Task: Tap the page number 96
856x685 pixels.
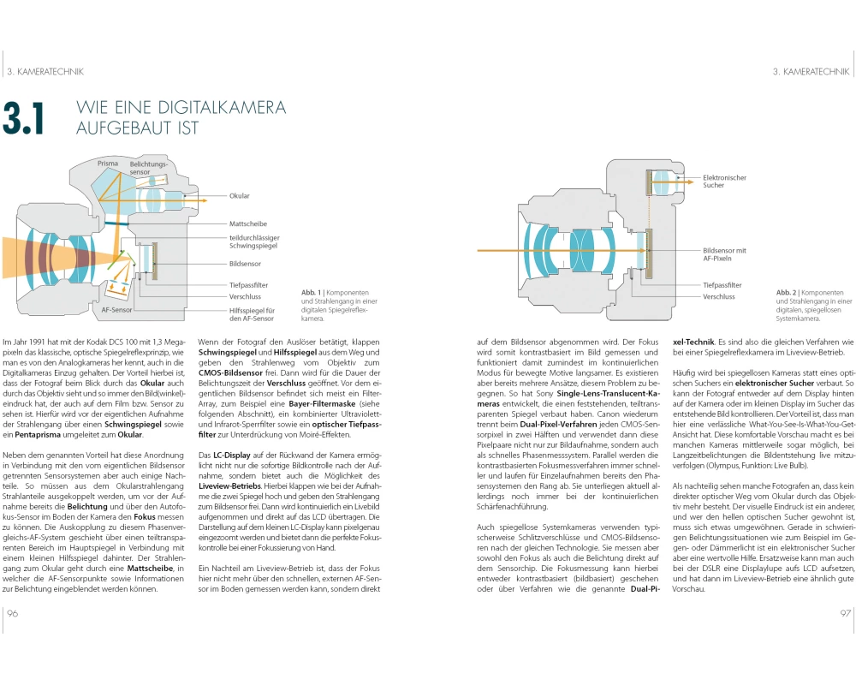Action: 13,612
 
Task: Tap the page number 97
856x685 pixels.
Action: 844,612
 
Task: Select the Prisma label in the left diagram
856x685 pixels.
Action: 108,163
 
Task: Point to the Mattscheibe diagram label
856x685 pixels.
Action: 249,223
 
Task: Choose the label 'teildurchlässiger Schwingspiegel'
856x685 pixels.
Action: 255,241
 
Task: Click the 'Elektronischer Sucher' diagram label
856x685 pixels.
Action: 724,182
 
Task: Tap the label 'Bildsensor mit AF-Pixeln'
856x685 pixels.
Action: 724,254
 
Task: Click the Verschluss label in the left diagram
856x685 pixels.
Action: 246,297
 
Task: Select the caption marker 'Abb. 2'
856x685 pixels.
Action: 788,292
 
